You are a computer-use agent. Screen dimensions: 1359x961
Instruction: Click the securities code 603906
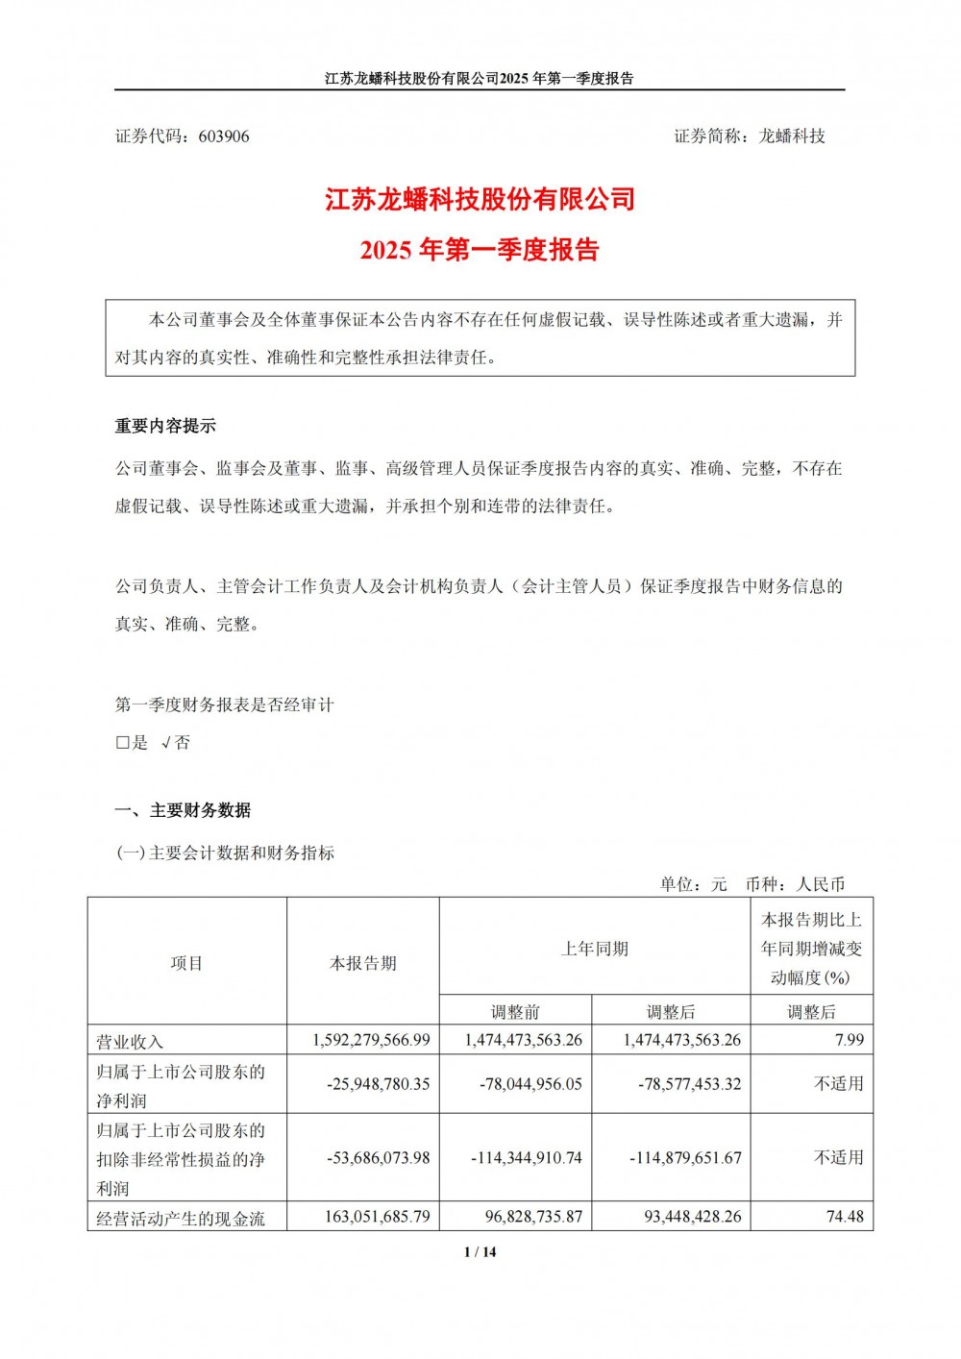coord(224,136)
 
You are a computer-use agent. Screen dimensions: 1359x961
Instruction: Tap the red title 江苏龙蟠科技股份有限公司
coord(480,200)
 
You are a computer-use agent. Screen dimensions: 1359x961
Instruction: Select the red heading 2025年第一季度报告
coord(480,250)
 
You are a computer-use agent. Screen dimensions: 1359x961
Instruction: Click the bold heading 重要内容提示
coord(165,426)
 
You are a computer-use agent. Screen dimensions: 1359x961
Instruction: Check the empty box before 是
coord(122,743)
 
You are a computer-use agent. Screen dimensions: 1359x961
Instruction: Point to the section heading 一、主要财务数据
coord(184,810)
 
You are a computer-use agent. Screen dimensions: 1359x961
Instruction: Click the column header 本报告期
coord(363,963)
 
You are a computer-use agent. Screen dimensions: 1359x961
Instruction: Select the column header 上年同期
coord(595,949)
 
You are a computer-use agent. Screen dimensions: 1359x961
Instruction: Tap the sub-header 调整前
coord(516,1011)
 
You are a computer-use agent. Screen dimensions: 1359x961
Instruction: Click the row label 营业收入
coord(131,1041)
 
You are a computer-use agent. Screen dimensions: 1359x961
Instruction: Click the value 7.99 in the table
coord(850,1040)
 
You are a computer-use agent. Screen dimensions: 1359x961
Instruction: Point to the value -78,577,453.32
coord(689,1083)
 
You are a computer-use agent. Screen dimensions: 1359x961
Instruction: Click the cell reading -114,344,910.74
coord(527,1158)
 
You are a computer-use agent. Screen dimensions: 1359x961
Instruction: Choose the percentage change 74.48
coord(845,1217)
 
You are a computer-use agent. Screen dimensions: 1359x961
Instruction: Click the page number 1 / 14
coord(480,1251)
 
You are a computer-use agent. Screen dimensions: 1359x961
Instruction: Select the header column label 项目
coord(186,963)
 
